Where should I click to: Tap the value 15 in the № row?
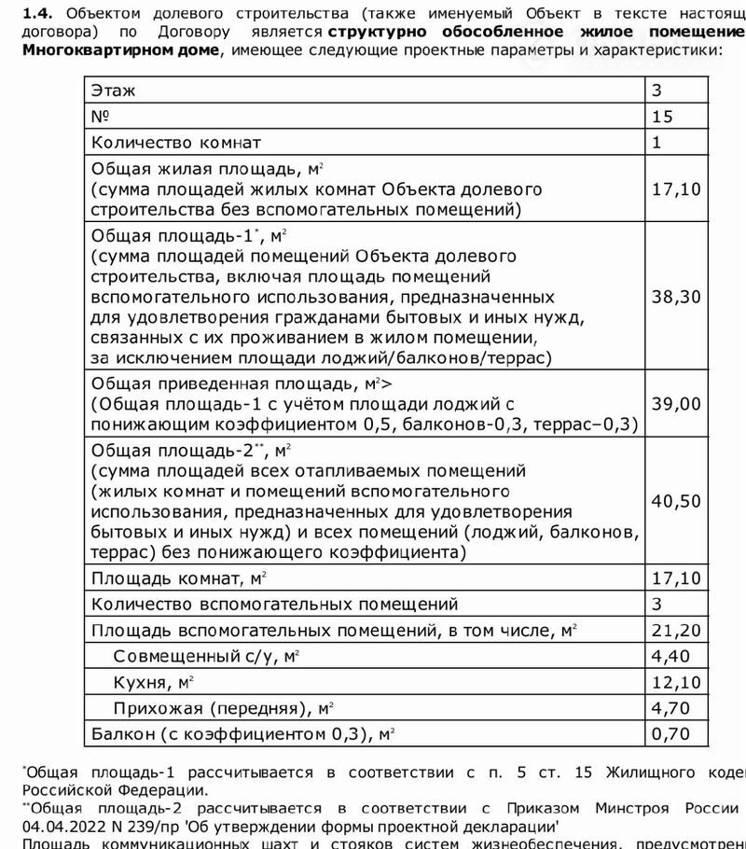tap(662, 117)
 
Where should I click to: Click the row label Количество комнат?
tap(174, 143)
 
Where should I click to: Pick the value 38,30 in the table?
tap(676, 298)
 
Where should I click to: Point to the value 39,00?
tap(676, 403)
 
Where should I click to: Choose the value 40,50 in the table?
tap(676, 501)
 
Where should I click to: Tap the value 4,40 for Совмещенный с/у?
tap(671, 656)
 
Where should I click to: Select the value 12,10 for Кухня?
tap(676, 682)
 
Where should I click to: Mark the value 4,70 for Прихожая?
tap(671, 708)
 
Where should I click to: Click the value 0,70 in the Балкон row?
tap(671, 734)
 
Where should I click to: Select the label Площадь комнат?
tap(167, 578)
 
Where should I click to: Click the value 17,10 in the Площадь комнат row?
tap(676, 578)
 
